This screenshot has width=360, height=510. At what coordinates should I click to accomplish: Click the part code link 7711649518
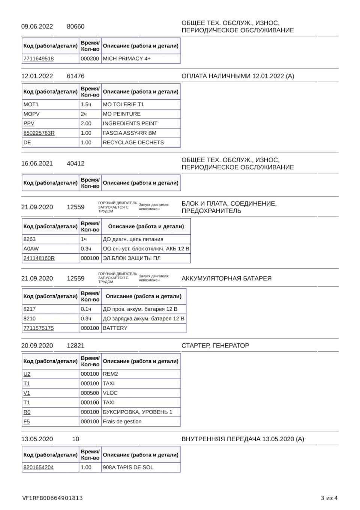pyautogui.click(x=39, y=59)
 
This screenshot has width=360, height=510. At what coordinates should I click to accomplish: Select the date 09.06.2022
pyautogui.click(x=37, y=27)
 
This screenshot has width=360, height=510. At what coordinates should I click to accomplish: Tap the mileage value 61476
pyautogui.click(x=75, y=76)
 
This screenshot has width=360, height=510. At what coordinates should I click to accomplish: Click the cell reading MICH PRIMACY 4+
pyautogui.click(x=127, y=59)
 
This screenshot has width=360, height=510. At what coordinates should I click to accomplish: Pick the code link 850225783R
pyautogui.click(x=39, y=133)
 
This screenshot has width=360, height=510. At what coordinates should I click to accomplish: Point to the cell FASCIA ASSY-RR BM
pyautogui.click(x=129, y=133)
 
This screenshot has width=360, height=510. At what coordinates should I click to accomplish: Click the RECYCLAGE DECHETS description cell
pyautogui.click(x=133, y=143)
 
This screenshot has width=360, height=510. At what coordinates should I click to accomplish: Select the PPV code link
pyautogui.click(x=29, y=123)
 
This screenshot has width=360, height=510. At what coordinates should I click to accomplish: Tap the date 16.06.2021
pyautogui.click(x=37, y=164)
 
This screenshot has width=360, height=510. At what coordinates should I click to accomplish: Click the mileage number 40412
pyautogui.click(x=75, y=164)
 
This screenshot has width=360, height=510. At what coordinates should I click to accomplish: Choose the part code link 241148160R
pyautogui.click(x=39, y=258)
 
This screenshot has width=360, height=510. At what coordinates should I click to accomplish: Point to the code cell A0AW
pyautogui.click(x=31, y=249)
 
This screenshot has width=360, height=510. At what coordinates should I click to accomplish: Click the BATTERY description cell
pyautogui.click(x=115, y=328)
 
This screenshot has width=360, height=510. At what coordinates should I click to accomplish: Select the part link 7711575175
pyautogui.click(x=39, y=328)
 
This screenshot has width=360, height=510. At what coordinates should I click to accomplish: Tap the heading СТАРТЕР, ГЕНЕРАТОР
pyautogui.click(x=215, y=346)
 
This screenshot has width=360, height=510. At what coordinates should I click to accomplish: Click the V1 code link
pyautogui.click(x=27, y=393)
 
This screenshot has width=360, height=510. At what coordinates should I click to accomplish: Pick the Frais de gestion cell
pyautogui.click(x=122, y=421)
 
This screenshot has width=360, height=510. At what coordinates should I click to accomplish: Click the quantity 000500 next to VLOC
pyautogui.click(x=90, y=393)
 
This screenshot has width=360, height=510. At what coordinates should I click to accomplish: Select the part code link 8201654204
pyautogui.click(x=39, y=468)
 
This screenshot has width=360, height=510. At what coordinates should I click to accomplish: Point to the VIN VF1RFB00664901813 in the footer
pyautogui.click(x=52, y=498)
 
